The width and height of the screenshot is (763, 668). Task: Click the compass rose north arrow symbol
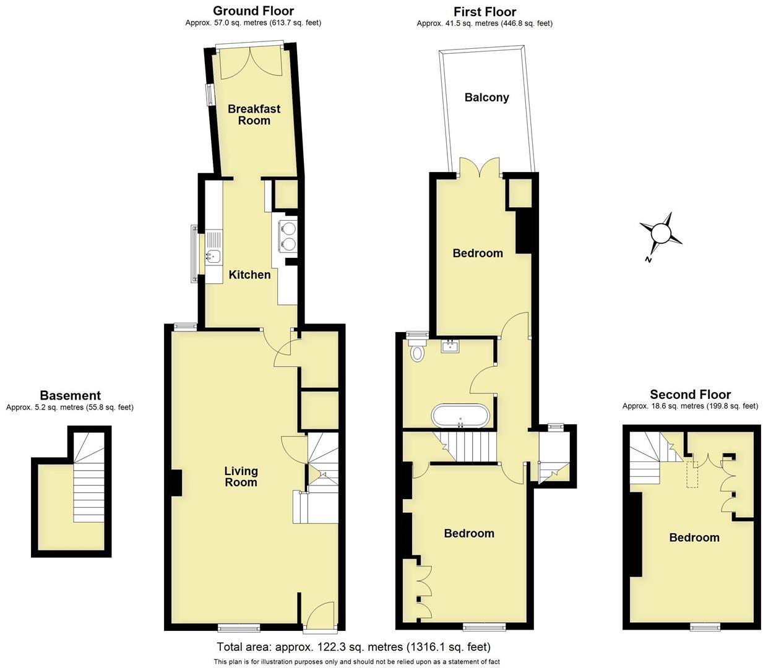(x=661, y=234)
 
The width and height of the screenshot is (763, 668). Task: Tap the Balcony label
(x=486, y=97)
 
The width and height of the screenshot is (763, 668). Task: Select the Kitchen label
(x=249, y=275)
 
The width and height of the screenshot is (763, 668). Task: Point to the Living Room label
(x=241, y=476)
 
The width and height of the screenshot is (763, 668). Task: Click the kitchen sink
(x=213, y=247)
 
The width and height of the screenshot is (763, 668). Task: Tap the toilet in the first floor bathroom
(x=418, y=353)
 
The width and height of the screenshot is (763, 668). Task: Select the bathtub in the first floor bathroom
(x=462, y=415)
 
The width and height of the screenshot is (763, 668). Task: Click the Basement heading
(x=70, y=395)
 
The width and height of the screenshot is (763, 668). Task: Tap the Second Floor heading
(x=690, y=395)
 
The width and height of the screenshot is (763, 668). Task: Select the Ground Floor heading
(x=253, y=11)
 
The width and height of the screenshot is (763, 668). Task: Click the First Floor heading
(x=485, y=12)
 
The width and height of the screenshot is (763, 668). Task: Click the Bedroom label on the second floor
(x=694, y=537)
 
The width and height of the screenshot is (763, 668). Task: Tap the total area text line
(x=353, y=647)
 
